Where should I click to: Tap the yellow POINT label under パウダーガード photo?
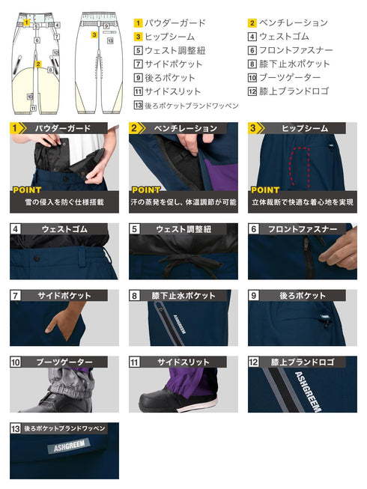tap(28, 190)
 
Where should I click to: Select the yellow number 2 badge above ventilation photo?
tap(136, 128)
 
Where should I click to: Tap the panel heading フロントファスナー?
tap(303, 228)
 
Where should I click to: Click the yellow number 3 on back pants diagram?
tap(94, 34)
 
